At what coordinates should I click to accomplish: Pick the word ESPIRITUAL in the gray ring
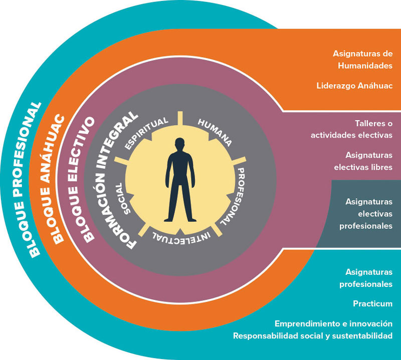(146, 132)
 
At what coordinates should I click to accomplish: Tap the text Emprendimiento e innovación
(333, 323)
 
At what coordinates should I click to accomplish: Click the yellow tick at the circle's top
(179, 117)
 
